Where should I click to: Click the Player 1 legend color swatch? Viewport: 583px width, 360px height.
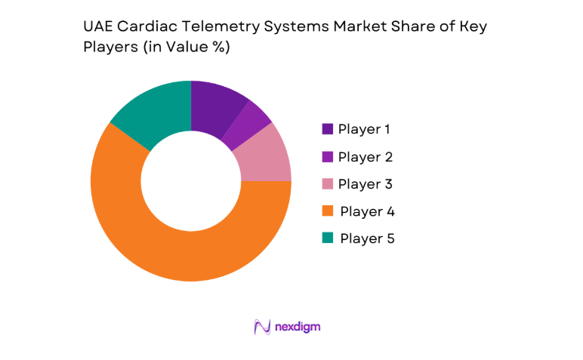327,129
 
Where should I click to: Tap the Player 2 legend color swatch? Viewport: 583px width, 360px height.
327,157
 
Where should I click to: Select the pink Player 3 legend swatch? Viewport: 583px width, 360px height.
327,184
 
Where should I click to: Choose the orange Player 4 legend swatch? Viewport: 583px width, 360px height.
327,211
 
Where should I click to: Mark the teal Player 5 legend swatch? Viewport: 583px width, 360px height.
327,238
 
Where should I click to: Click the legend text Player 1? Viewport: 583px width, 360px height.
364,129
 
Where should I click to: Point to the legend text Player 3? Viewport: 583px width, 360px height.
366,184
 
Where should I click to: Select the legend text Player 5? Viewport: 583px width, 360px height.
367,238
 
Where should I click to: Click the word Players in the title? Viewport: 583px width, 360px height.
106,47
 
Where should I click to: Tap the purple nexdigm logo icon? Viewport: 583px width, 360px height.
262,327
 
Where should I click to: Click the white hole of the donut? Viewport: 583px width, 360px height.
190,181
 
